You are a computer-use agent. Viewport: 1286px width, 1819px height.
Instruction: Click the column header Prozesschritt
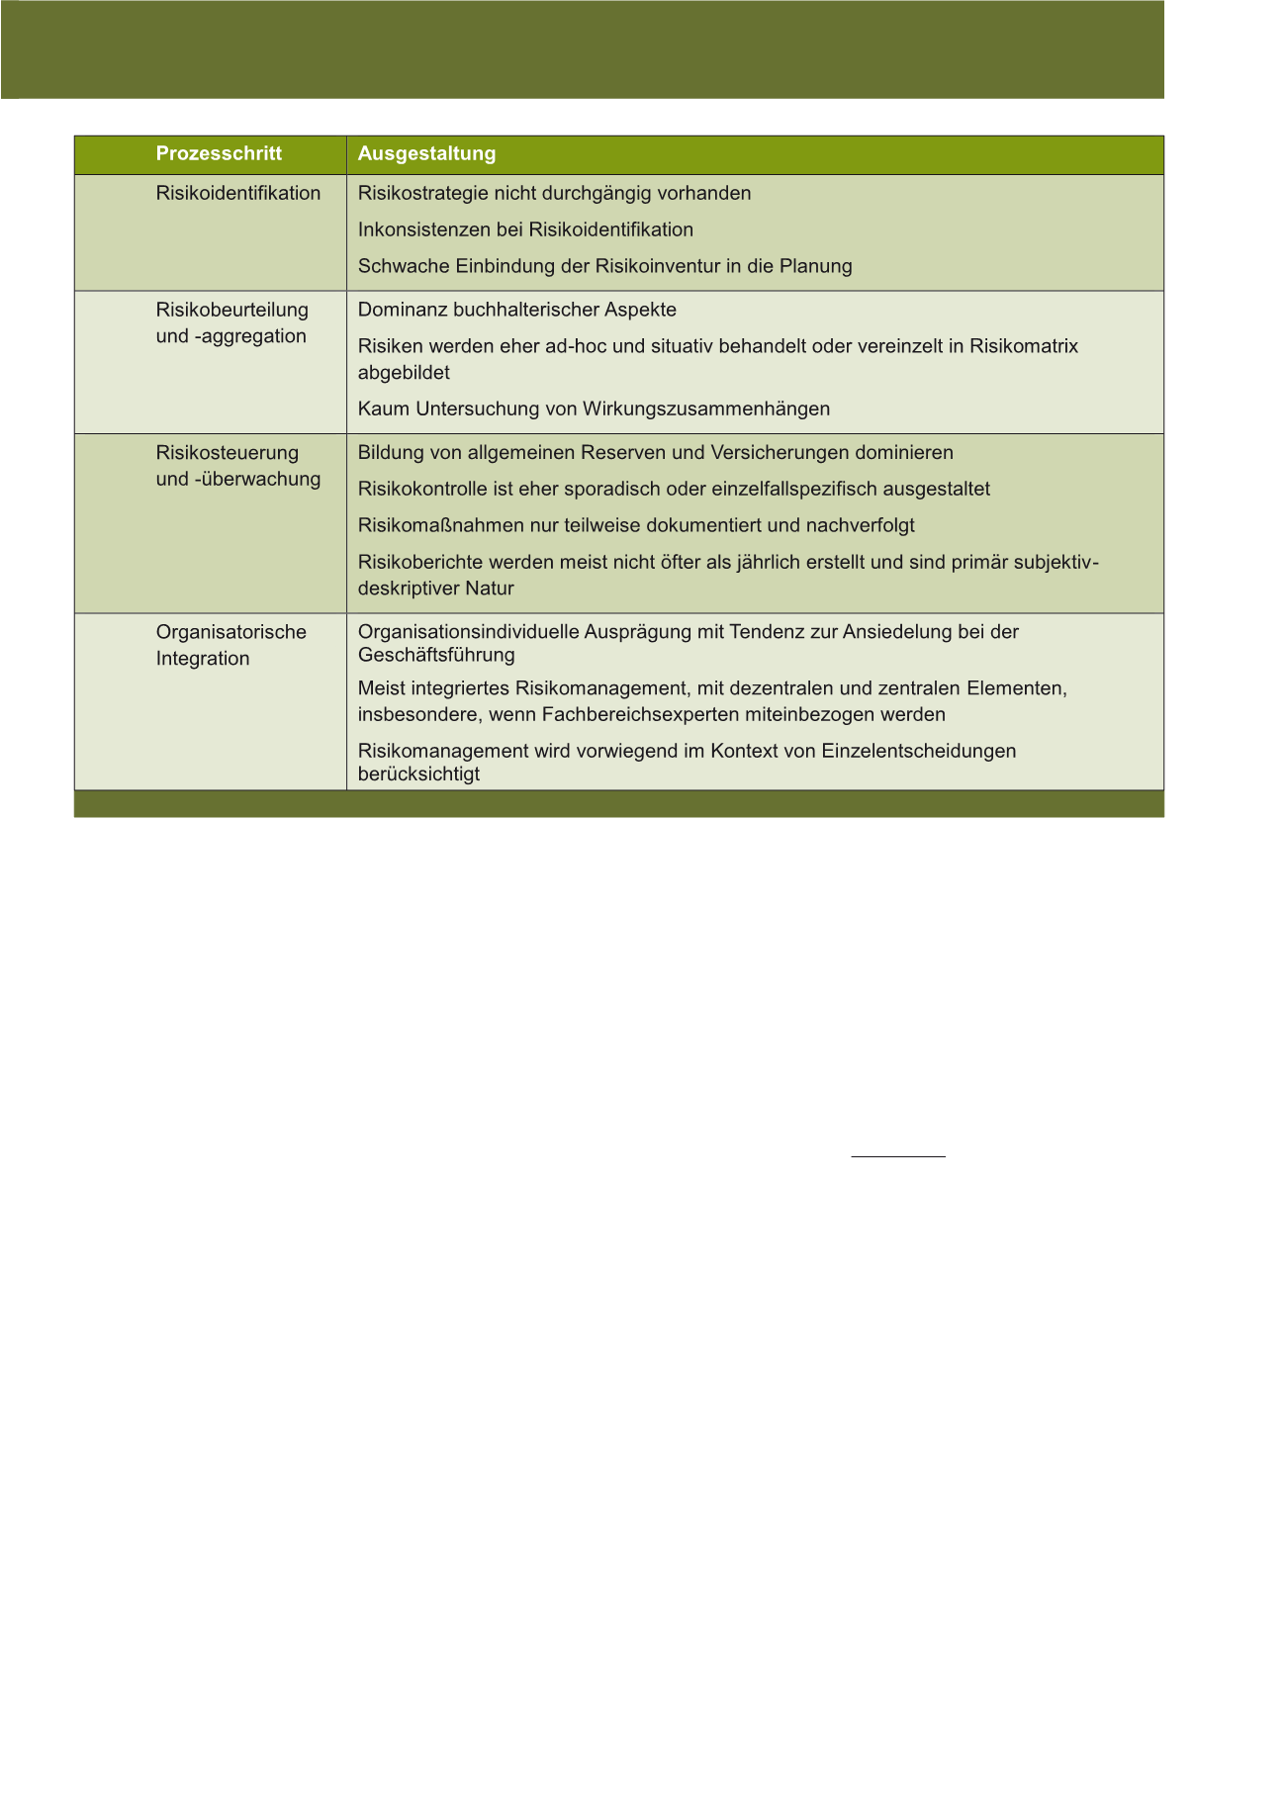219,153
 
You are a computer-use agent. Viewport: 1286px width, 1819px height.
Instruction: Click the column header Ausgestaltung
426,153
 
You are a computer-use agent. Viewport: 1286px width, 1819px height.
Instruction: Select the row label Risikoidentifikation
238,193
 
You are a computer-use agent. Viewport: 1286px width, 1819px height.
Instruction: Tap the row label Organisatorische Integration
230,645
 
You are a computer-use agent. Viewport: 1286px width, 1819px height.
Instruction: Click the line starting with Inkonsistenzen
525,229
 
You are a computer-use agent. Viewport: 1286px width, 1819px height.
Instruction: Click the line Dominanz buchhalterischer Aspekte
516,310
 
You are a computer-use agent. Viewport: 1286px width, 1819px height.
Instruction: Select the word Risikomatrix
1024,346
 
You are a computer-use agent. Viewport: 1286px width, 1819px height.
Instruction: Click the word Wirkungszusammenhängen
706,409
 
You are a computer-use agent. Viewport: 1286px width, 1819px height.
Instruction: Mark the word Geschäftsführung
436,655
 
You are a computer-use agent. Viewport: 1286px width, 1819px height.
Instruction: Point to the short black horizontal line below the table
898,1155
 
